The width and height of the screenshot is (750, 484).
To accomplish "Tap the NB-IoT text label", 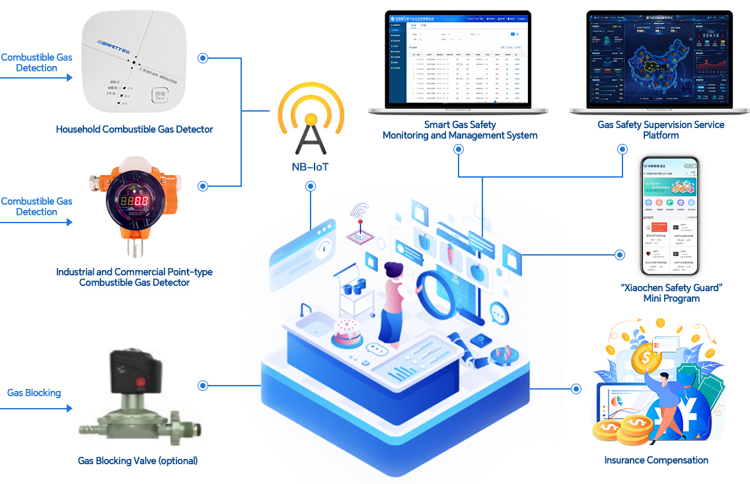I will (310, 167).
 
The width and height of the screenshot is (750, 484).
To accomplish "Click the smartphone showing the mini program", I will (671, 218).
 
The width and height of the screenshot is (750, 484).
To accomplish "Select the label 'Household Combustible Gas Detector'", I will (134, 129).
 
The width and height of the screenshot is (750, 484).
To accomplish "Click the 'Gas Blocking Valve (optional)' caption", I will (137, 460).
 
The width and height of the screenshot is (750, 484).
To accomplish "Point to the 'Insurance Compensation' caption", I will (656, 460).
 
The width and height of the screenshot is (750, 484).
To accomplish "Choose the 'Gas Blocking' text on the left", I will (34, 393).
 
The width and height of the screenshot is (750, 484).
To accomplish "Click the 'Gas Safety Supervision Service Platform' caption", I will (661, 129).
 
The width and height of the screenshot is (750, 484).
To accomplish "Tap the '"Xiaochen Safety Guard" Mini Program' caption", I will (671, 293).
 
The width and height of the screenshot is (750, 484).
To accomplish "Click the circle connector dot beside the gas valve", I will (203, 385).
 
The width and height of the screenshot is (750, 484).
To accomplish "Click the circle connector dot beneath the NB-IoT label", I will (310, 187).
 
